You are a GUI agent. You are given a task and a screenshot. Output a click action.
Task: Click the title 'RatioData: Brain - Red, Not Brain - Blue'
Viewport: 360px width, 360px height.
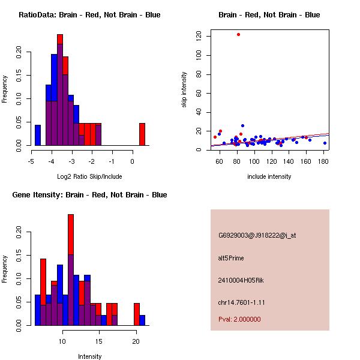89,15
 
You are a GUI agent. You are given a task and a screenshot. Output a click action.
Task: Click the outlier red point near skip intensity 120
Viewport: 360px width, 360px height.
238,34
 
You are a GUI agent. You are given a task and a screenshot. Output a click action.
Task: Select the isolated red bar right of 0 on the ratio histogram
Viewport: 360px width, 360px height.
142,134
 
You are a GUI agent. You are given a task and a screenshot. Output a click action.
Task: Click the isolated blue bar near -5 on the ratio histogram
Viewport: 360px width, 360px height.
38,135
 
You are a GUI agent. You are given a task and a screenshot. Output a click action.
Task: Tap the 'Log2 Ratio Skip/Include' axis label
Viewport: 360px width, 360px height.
89,176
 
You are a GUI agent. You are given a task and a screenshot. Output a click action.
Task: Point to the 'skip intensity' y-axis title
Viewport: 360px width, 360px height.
184,90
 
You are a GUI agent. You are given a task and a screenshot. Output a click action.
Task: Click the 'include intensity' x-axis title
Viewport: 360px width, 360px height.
269,176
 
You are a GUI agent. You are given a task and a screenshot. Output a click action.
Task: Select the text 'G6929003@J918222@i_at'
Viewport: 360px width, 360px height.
257,235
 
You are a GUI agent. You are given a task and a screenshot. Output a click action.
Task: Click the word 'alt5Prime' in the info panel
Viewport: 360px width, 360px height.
231,258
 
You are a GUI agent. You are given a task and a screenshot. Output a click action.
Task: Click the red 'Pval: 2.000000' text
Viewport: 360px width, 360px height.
239,319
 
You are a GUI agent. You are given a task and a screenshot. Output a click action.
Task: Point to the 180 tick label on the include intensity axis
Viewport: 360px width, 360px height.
325,161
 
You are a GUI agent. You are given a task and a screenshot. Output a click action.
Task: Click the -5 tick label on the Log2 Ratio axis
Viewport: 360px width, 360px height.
31,161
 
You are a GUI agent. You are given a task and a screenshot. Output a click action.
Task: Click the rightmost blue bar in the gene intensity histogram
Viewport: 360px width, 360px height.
142,320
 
